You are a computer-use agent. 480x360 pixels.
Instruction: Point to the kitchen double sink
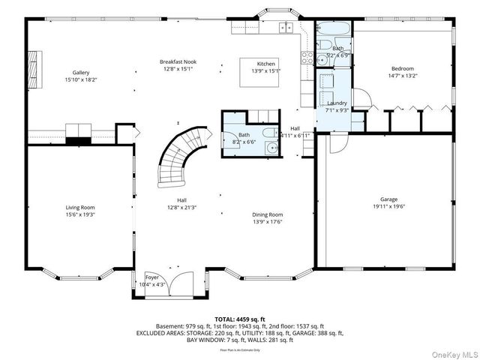286,28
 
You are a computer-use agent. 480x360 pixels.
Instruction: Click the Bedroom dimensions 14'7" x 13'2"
402,75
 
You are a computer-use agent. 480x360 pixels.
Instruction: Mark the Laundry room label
337,103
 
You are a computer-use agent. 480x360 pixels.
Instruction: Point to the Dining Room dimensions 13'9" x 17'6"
267,222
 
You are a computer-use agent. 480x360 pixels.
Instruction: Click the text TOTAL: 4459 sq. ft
240,319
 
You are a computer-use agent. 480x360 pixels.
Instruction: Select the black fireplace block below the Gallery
77,139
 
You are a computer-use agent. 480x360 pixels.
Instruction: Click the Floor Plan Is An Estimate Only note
240,349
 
